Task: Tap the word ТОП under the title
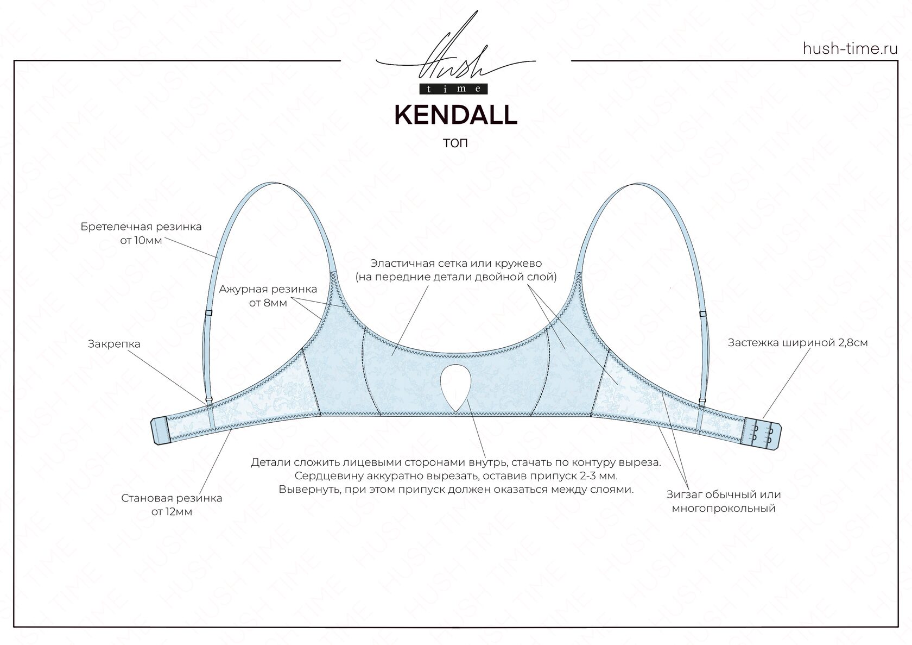455,144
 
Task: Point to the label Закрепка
114,344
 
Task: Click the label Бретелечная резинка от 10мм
141,233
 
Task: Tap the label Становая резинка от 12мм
172,505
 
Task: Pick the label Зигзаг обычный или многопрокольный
723,502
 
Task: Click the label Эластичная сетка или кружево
456,264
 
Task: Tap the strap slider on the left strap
208,313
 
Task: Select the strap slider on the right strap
702,314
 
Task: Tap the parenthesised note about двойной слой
456,277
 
